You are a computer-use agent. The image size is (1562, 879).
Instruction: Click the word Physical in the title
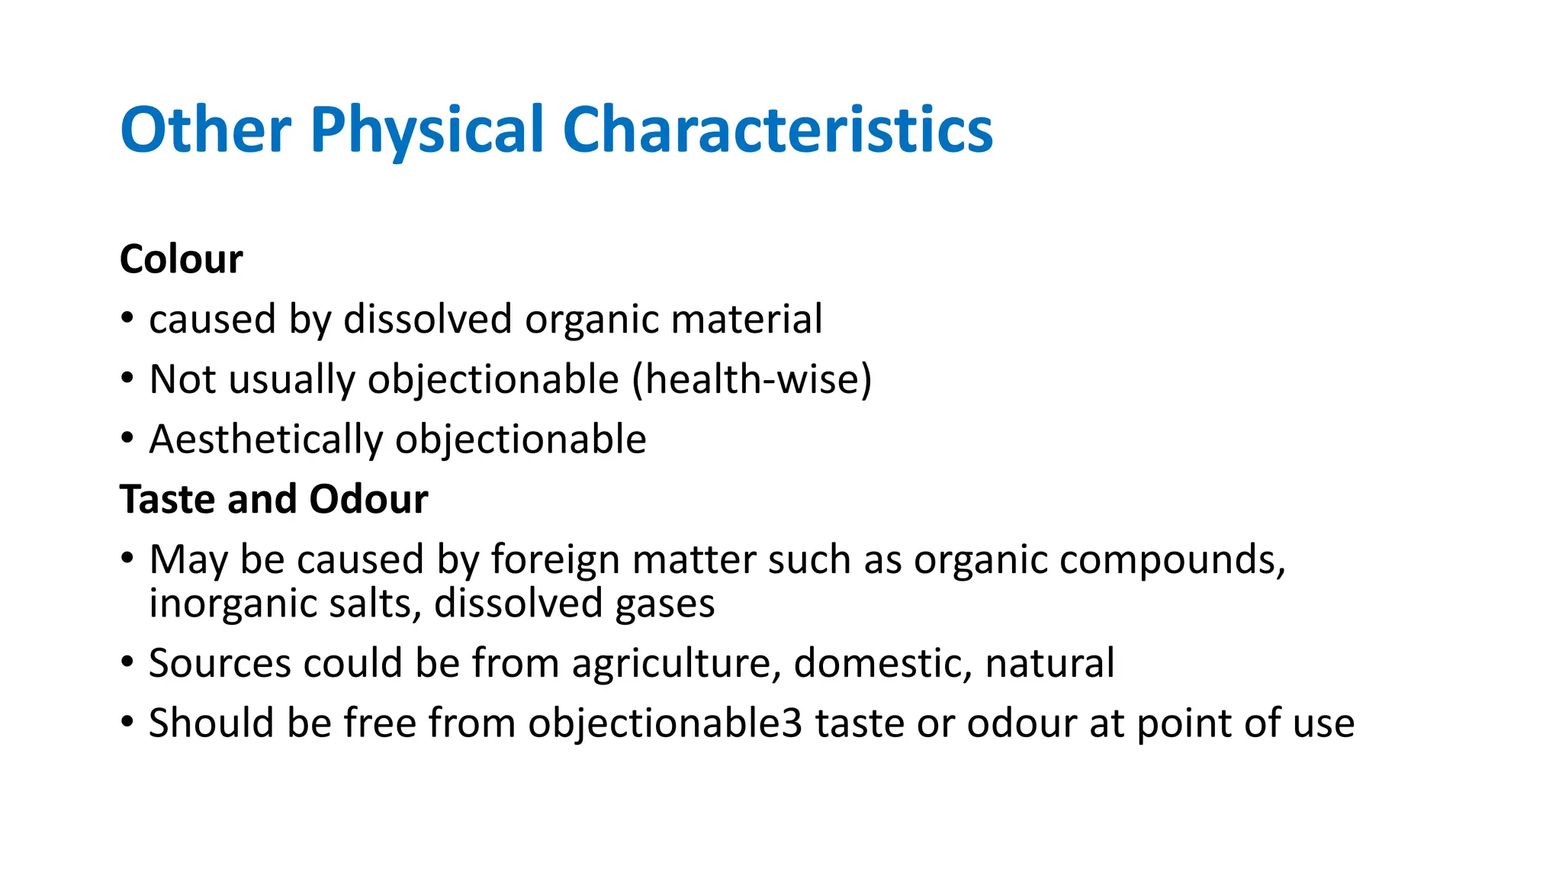point(427,131)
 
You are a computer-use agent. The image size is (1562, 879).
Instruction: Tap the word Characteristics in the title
point(777,130)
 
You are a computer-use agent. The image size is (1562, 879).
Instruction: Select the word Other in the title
point(205,130)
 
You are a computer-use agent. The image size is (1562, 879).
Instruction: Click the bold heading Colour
point(182,259)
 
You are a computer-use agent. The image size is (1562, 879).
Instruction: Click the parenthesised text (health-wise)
point(752,379)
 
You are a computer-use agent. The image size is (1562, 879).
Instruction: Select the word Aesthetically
point(265,440)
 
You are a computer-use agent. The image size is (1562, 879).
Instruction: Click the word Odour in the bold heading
point(369,500)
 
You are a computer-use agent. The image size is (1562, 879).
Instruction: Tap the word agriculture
point(677,664)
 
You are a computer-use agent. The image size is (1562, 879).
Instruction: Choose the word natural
point(1049,662)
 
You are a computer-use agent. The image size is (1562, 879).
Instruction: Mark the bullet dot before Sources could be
point(127,661)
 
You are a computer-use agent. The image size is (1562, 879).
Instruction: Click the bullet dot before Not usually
point(127,378)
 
